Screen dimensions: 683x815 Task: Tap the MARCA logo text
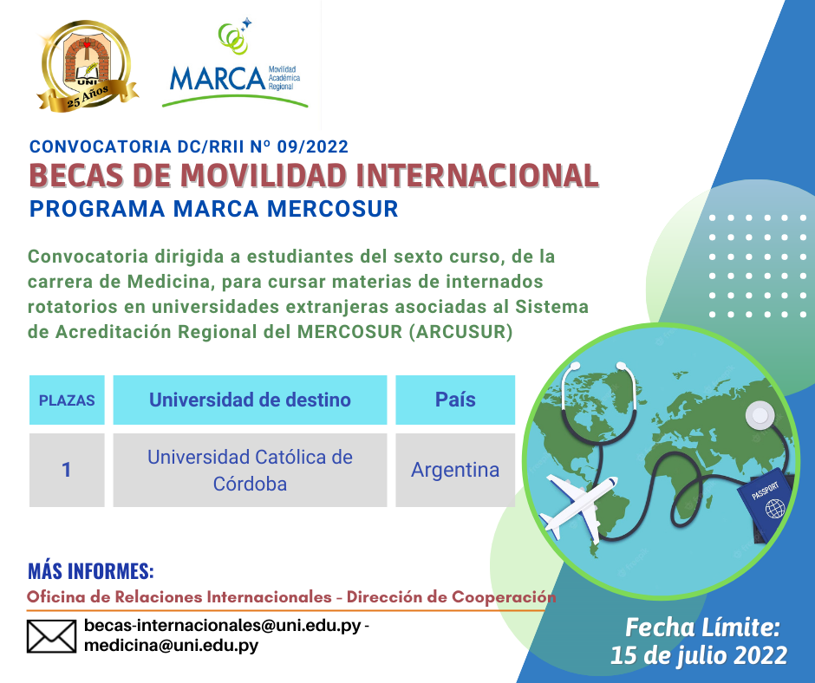(x=217, y=78)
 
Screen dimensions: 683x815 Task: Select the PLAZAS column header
(x=67, y=400)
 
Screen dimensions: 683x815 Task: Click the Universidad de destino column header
(x=250, y=400)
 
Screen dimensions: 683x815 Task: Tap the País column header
(x=455, y=400)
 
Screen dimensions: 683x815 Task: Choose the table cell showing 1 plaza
(x=67, y=471)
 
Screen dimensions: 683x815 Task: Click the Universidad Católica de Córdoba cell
(x=250, y=471)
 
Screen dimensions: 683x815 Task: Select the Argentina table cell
(x=455, y=471)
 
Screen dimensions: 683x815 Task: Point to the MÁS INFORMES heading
(x=91, y=571)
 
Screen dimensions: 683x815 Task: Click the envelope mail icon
(x=52, y=636)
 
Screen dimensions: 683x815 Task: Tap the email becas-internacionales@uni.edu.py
(x=222, y=626)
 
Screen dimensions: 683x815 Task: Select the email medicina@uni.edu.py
(x=171, y=646)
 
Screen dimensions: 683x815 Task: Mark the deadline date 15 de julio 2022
(x=699, y=654)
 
